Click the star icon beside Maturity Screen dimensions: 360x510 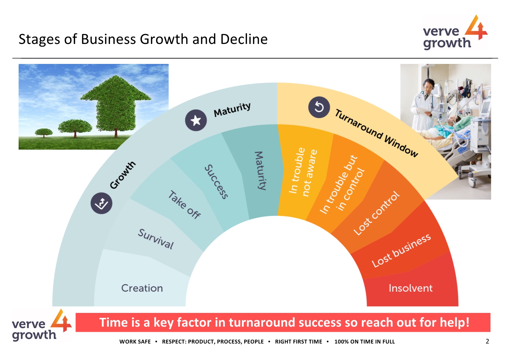[x=196, y=120]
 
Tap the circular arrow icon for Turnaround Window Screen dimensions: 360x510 [x=319, y=107]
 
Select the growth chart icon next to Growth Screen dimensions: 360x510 [x=101, y=203]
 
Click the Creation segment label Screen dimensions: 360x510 [x=142, y=288]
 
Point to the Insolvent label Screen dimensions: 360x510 [x=410, y=288]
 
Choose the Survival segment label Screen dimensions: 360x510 [x=156, y=239]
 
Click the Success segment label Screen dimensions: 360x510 [x=216, y=182]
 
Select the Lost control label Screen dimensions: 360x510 [x=376, y=213]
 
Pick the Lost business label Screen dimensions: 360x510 [x=401, y=250]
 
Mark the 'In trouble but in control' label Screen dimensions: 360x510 [x=342, y=185]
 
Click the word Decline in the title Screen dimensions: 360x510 [x=244, y=39]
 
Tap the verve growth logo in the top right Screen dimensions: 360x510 [x=455, y=33]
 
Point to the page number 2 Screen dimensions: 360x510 [x=487, y=341]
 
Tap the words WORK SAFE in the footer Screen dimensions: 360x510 [x=135, y=342]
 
